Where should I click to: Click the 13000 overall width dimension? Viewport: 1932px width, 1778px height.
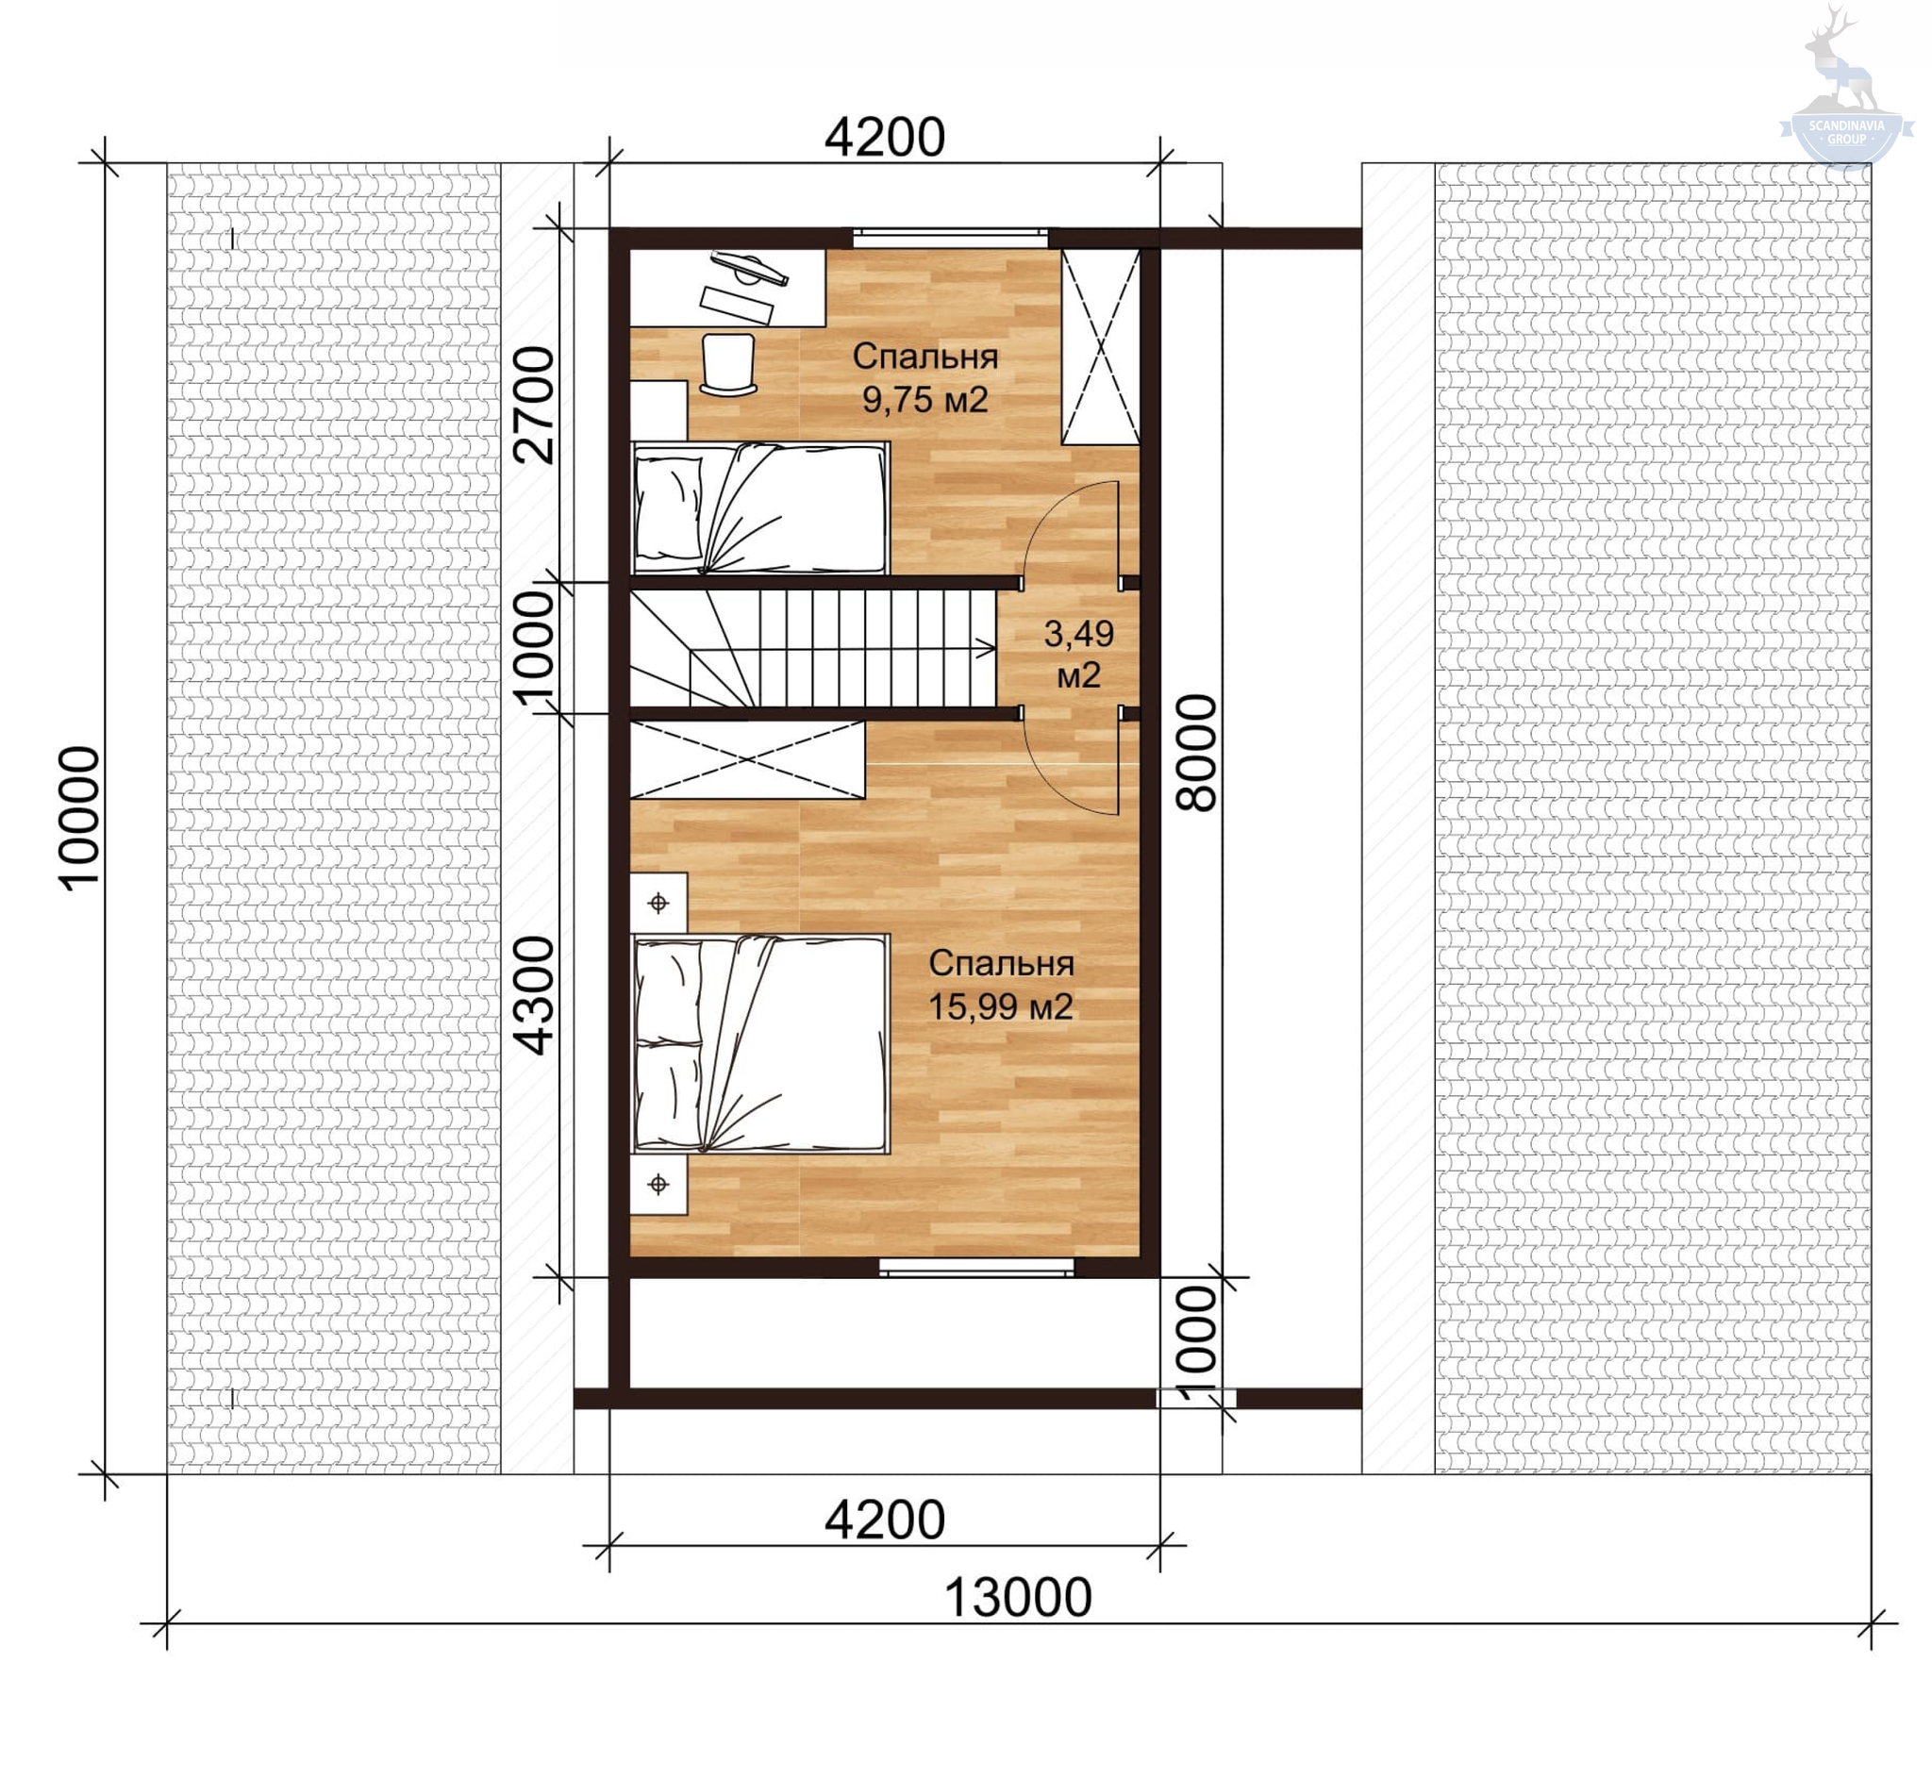pyautogui.click(x=1018, y=1597)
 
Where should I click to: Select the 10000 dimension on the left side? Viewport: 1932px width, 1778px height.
pyautogui.click(x=79, y=819)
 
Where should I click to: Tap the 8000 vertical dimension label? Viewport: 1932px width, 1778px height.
pyautogui.click(x=1196, y=754)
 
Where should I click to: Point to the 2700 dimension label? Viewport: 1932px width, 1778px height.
pyautogui.click(x=534, y=405)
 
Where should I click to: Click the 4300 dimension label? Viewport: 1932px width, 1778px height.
pyautogui.click(x=534, y=996)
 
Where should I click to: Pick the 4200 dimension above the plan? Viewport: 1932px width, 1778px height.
pyautogui.click(x=884, y=138)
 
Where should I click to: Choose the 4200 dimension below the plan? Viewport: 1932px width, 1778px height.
pyautogui.click(x=884, y=1520)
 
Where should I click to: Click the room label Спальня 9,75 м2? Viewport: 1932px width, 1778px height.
pyautogui.click(x=924, y=377)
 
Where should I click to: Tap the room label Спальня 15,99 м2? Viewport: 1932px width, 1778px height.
pyautogui.click(x=1001, y=984)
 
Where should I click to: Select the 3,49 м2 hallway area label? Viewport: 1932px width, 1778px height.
pyautogui.click(x=1078, y=655)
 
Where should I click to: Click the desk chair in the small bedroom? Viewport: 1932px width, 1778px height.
pyautogui.click(x=728, y=365)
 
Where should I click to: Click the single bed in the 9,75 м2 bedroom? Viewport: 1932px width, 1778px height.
pyautogui.click(x=760, y=508)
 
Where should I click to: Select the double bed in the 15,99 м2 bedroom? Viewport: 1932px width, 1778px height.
pyautogui.click(x=760, y=1044)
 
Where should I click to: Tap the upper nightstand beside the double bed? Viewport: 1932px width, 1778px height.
pyautogui.click(x=658, y=903)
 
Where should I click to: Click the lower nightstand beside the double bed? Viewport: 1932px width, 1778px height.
pyautogui.click(x=658, y=1185)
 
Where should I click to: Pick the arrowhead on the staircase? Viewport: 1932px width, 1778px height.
pyautogui.click(x=988, y=650)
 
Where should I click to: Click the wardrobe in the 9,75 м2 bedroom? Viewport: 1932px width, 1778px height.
pyautogui.click(x=1100, y=346)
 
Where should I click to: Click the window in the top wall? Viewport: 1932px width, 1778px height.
pyautogui.click(x=951, y=235)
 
